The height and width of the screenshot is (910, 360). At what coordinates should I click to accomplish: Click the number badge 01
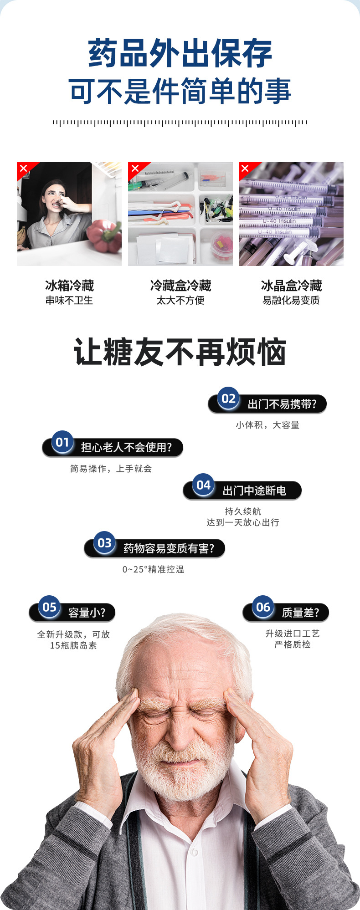[62, 442]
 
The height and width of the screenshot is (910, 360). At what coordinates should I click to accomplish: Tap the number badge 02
[228, 399]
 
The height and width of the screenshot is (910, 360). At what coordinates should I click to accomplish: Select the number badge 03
[104, 543]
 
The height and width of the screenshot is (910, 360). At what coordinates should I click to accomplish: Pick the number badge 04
[203, 485]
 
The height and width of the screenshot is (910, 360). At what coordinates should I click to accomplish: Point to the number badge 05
[49, 607]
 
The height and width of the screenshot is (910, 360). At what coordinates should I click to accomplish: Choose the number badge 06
[263, 607]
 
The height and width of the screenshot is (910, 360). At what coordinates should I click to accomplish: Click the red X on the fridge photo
[24, 169]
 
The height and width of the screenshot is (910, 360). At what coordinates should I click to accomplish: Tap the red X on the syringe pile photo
[245, 169]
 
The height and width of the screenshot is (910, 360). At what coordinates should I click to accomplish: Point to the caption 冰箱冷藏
[69, 286]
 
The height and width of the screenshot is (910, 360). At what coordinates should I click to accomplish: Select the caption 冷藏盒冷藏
[180, 286]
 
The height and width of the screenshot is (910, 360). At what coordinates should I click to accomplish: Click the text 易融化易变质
[291, 301]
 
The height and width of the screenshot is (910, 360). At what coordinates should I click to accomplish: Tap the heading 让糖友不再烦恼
[180, 352]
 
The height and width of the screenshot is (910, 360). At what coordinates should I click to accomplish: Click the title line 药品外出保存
[180, 54]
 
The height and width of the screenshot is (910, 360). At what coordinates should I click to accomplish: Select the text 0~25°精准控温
[153, 569]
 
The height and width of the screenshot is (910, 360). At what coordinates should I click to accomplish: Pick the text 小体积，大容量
[267, 425]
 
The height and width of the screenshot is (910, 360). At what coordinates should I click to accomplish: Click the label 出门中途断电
[254, 491]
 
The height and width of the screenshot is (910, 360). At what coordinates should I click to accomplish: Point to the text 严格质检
[292, 644]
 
